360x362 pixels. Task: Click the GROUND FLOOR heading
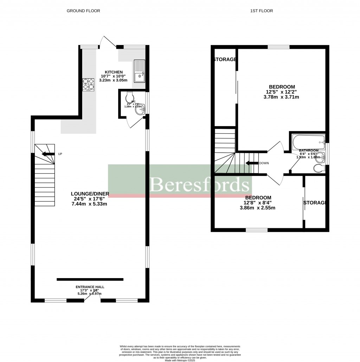[x=83, y=11]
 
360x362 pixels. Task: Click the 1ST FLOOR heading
[x=261, y=11]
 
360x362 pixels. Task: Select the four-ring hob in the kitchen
[x=89, y=84]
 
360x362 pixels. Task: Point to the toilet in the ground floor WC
[x=129, y=96]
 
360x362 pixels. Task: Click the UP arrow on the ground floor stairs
[x=48, y=154]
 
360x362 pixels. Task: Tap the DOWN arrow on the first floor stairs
[x=252, y=163]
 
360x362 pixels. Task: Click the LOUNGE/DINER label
[x=90, y=193]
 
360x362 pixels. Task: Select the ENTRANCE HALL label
[x=90, y=287]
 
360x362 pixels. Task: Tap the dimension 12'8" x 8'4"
[x=258, y=203]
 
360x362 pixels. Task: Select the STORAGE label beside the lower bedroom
[x=316, y=203]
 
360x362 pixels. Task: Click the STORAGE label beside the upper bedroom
[x=225, y=59]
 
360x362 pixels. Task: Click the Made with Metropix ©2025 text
[x=180, y=360]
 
